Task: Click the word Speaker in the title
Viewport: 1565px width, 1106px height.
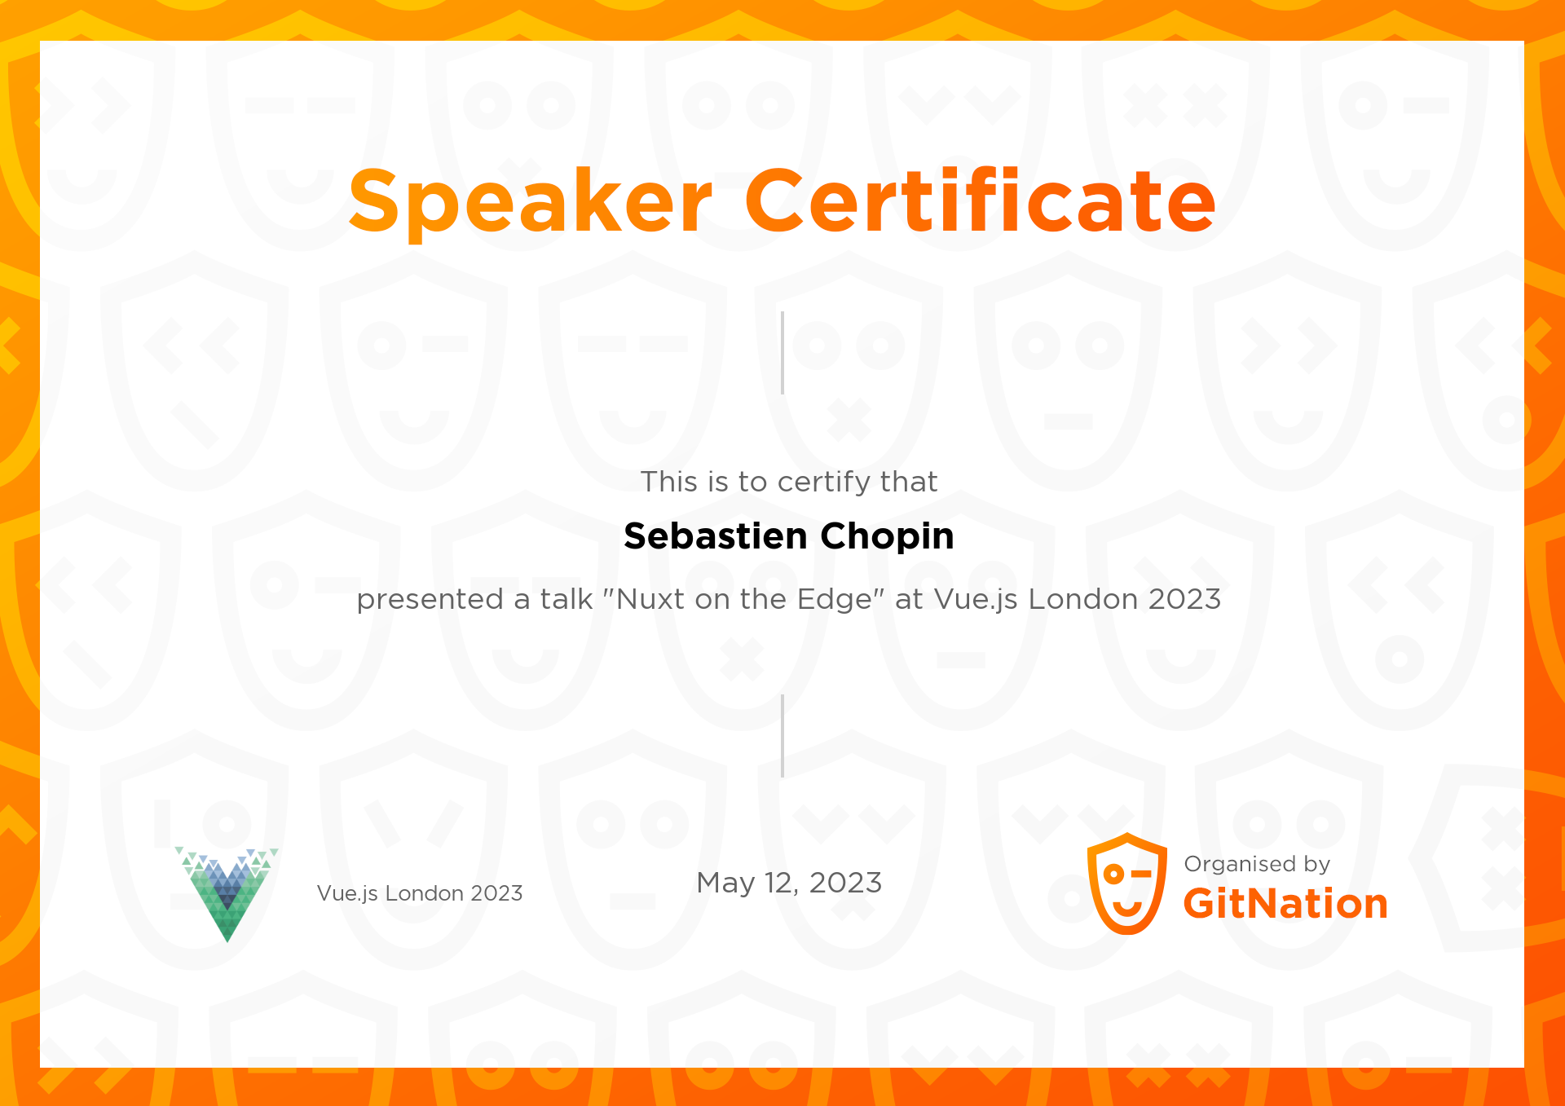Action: click(x=530, y=201)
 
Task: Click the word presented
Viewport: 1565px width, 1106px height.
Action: click(x=430, y=601)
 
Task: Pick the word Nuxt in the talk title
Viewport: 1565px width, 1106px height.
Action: click(x=650, y=599)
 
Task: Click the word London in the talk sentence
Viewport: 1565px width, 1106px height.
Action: click(x=1082, y=599)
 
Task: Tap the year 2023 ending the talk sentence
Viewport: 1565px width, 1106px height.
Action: click(x=1184, y=599)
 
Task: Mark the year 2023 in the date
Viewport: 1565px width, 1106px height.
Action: click(x=845, y=883)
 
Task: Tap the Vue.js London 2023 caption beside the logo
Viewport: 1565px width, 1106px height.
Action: click(x=420, y=893)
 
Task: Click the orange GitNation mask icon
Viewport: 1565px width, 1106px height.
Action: click(x=1127, y=883)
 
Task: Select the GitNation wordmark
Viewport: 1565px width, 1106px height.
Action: click(x=1285, y=904)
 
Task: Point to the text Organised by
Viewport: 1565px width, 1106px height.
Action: click(x=1257, y=864)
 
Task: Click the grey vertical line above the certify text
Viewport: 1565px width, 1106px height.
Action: click(x=782, y=353)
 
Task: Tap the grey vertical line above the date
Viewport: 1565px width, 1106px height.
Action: click(x=782, y=736)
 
